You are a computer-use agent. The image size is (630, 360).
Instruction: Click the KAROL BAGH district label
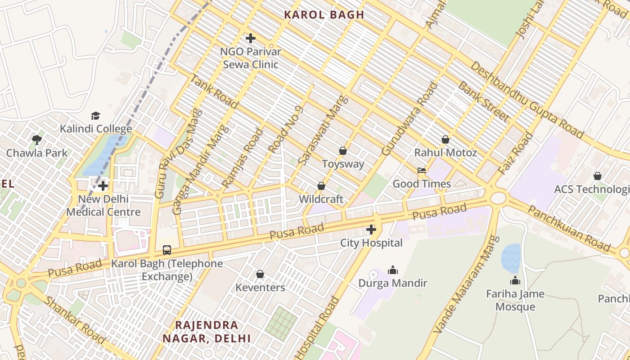click(324, 14)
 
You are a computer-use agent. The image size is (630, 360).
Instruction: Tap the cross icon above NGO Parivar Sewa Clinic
click(251, 39)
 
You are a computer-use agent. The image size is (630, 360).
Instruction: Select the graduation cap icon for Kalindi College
click(95, 116)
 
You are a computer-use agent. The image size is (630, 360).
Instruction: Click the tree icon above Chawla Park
click(37, 139)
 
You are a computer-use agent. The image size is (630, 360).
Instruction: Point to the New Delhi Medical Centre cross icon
click(103, 185)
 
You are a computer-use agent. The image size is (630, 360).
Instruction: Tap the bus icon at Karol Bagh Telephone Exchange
click(166, 250)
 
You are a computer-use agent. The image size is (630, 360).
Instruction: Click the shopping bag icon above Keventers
click(260, 274)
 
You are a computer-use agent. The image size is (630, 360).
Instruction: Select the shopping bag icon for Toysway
click(343, 151)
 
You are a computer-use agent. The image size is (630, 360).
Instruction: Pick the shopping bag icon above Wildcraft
click(321, 186)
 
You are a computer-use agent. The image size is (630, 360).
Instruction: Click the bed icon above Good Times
click(422, 171)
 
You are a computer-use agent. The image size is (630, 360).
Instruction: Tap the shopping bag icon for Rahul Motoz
click(445, 139)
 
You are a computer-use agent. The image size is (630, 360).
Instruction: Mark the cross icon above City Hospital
click(371, 230)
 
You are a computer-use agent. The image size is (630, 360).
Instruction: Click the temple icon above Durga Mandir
click(393, 270)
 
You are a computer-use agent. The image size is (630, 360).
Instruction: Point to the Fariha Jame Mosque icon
click(515, 281)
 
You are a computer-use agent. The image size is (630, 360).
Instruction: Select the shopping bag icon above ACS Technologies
click(598, 176)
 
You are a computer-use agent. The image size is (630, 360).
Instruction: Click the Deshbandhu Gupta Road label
click(526, 100)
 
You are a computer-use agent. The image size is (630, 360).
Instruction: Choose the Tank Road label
click(214, 92)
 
